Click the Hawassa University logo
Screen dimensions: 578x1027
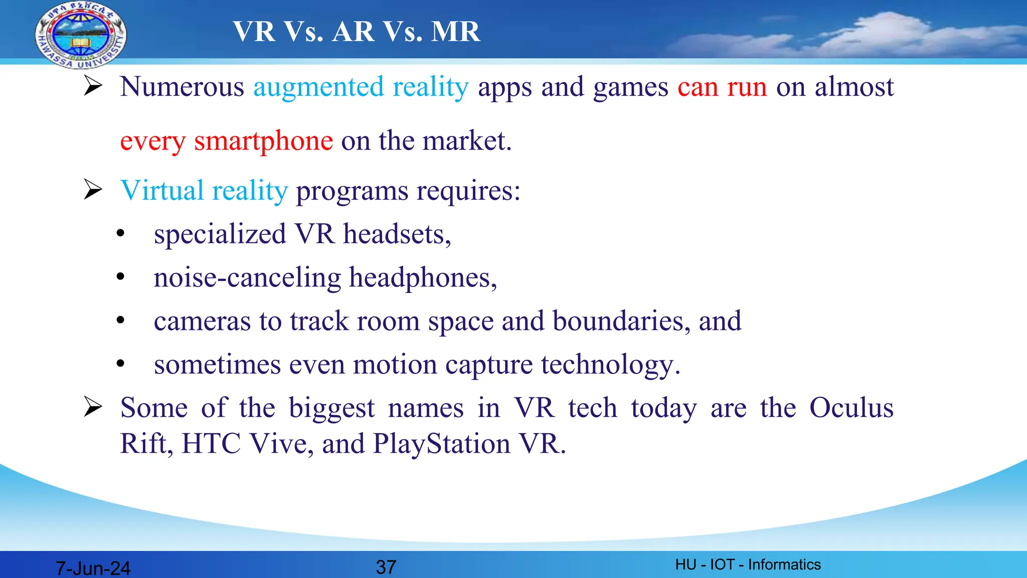coord(81,35)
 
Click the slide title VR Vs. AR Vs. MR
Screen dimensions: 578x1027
coord(357,32)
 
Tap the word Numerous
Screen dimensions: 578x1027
coord(182,87)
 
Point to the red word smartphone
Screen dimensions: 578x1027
coord(263,141)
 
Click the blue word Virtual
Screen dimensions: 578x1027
coord(162,191)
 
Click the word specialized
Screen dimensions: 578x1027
coord(220,234)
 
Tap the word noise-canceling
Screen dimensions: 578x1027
coord(247,277)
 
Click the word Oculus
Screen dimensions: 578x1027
coord(851,407)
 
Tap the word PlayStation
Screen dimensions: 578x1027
coord(441,444)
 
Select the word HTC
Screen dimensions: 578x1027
coord(211,444)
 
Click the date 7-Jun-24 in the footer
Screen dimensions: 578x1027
coord(93,568)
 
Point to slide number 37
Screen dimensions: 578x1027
coord(386,567)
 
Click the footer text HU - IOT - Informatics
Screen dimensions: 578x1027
coord(748,564)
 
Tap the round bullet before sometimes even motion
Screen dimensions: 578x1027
coord(120,364)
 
